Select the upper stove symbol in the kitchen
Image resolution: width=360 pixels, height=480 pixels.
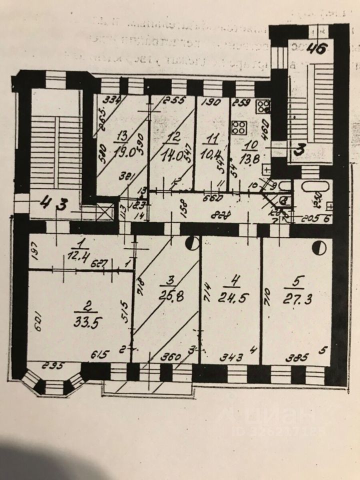[x=263, y=106]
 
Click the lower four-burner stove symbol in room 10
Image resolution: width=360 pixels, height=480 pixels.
[x=239, y=127]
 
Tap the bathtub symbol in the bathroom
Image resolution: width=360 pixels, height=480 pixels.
[x=314, y=191]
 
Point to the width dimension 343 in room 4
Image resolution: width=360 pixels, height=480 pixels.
[x=231, y=357]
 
